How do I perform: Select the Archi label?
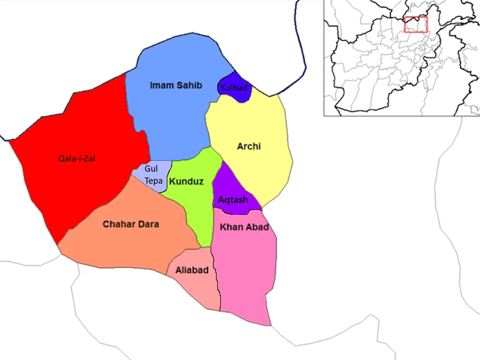click(x=249, y=146)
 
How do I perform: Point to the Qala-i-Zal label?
click(x=77, y=159)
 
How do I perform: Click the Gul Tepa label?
click(x=151, y=175)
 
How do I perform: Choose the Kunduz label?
click(x=186, y=181)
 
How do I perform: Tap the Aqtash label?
click(x=233, y=200)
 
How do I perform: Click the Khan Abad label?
click(x=244, y=227)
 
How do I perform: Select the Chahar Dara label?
click(x=131, y=224)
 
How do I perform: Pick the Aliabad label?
click(x=192, y=271)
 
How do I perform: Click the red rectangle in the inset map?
click(x=415, y=25)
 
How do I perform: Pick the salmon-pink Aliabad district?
click(x=198, y=288)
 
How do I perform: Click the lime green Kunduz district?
click(x=195, y=204)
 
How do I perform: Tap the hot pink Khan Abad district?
click(x=246, y=270)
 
